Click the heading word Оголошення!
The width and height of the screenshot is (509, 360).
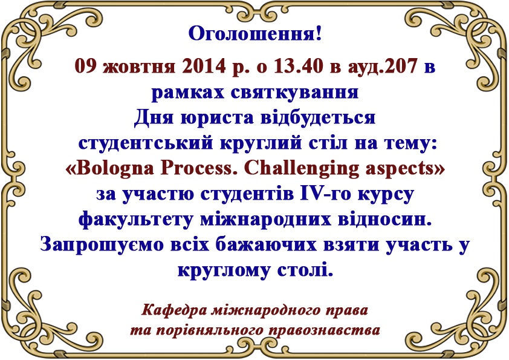255,33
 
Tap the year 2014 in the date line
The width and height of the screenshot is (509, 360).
204,67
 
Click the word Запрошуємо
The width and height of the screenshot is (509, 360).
102,245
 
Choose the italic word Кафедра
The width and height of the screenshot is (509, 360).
173,310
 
